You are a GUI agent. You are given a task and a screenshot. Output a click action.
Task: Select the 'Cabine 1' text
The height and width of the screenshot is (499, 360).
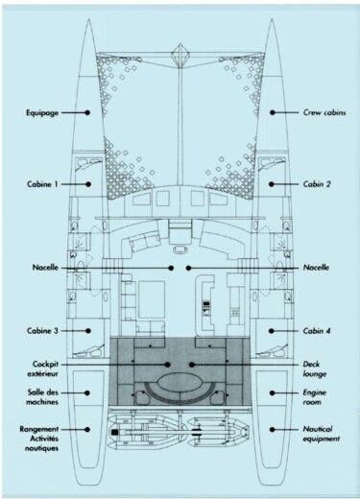[43, 182]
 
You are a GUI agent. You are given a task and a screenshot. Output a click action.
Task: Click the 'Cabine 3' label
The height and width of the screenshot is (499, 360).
[43, 331]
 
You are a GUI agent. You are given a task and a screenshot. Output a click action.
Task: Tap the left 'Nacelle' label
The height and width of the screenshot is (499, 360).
[41, 267]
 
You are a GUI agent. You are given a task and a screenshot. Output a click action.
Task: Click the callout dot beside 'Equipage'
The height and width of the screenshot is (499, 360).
[88, 112]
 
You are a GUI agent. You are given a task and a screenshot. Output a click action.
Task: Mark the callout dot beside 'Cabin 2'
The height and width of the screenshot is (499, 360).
[272, 182]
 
